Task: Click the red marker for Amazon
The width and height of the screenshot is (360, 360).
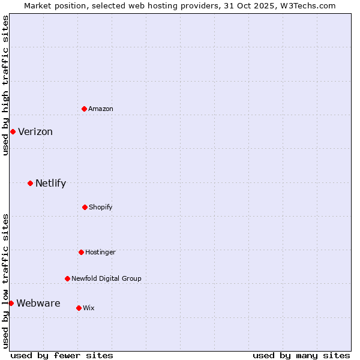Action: pos(84,109)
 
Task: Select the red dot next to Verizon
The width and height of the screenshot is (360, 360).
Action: pos(13,131)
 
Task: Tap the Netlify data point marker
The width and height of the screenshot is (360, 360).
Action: pos(30,183)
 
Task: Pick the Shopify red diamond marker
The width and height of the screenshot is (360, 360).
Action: pos(85,207)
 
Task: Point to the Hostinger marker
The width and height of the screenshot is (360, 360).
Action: pos(81,252)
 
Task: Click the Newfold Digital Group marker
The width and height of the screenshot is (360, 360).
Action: pos(67,278)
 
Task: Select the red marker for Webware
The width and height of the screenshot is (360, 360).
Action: pos(11,303)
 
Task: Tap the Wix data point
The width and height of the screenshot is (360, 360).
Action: pos(79,308)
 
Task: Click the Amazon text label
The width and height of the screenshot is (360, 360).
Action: pos(101,109)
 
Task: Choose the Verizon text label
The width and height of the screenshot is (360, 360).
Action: pos(35,132)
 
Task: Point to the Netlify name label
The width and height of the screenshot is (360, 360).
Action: pos(50,184)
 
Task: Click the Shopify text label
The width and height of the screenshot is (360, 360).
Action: pos(101,207)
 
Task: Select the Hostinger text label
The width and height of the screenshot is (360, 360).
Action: pos(100,252)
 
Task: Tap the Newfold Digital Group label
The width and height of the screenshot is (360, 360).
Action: pos(106,278)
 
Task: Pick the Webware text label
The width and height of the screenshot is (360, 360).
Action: pos(38,304)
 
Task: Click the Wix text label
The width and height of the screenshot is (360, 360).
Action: pos(89,308)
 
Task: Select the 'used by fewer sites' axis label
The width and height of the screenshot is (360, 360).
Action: pos(62,355)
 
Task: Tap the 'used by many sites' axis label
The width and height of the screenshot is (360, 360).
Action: pos(301,355)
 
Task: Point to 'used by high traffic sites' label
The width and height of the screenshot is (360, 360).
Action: pos(5,85)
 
